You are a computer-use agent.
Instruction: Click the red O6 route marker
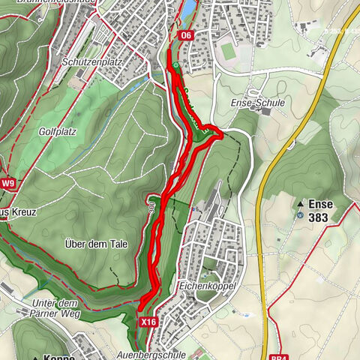(x=185, y=35)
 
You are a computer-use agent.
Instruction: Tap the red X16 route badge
(x=148, y=321)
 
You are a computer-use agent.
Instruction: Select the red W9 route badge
(x=8, y=183)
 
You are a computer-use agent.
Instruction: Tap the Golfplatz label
(x=56, y=130)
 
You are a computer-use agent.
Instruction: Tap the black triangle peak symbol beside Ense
(x=301, y=203)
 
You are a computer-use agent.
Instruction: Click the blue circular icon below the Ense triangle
(x=301, y=214)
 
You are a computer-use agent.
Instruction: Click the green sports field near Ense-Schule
(x=227, y=49)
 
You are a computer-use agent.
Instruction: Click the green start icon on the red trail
(x=175, y=65)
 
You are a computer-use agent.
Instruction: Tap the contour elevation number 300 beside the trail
(x=151, y=210)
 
